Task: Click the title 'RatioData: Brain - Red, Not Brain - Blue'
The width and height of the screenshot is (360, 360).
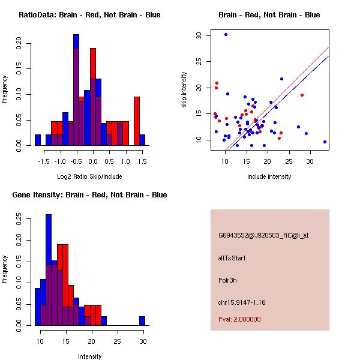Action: pos(89,14)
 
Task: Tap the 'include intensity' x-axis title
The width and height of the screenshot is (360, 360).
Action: pos(269,176)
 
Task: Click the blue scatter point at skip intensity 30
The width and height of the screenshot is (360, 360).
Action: pos(226,34)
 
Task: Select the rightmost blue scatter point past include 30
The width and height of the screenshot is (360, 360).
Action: pos(325,142)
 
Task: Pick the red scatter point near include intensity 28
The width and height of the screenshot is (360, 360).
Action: pos(302,95)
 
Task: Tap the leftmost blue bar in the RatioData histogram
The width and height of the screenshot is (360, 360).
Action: pos(37,140)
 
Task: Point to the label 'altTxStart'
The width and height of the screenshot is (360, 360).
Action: pos(232,258)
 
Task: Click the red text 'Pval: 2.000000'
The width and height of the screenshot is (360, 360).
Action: pos(239,319)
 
